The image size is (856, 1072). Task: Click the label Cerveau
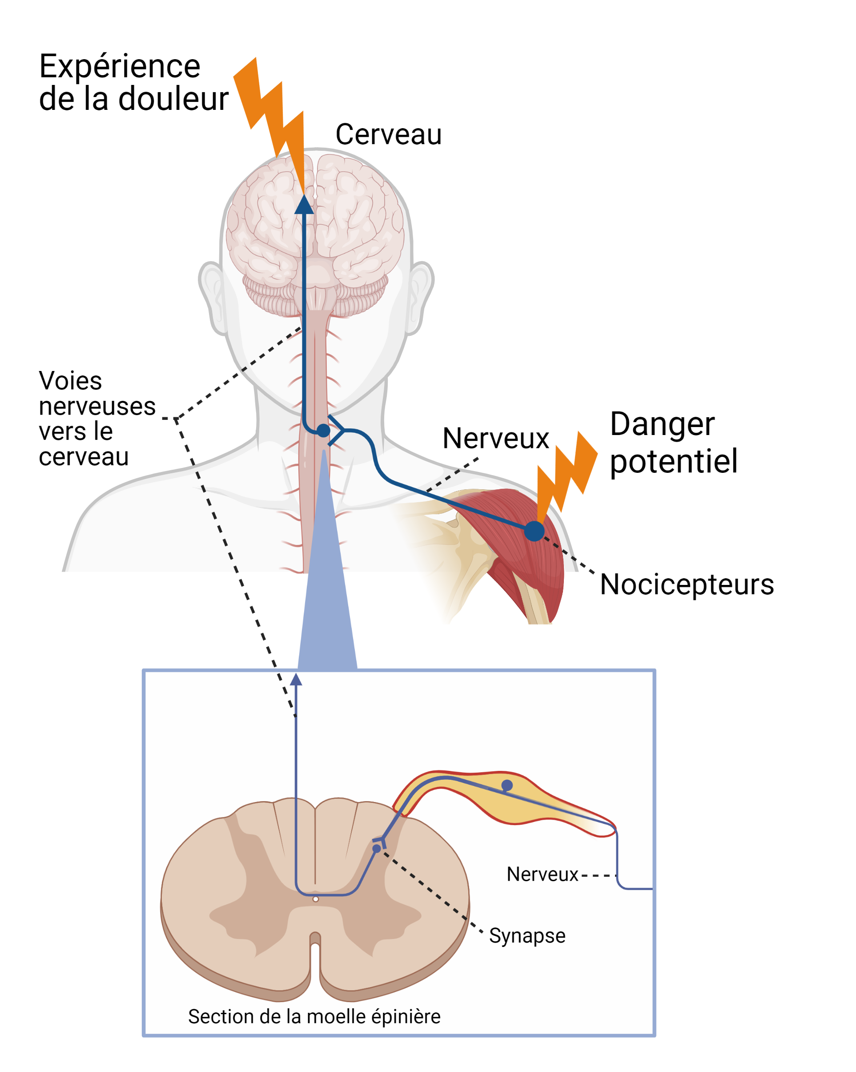(388, 135)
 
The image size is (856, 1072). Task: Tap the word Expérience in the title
(120, 67)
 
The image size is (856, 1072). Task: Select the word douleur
(173, 99)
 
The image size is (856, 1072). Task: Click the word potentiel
(673, 461)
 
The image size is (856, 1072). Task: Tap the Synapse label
(527, 936)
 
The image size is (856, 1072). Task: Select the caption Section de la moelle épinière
(313, 1016)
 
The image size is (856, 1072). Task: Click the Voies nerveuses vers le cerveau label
(97, 419)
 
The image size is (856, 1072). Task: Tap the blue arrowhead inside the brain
(304, 205)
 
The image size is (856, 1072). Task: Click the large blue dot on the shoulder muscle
(534, 531)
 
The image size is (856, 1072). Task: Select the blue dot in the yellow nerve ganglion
(506, 785)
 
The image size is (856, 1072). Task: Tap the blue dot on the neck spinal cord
(323, 431)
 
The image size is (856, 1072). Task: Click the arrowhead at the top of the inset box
(296, 679)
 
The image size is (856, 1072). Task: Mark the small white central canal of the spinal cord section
(315, 899)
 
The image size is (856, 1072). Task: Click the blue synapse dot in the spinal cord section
(376, 849)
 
